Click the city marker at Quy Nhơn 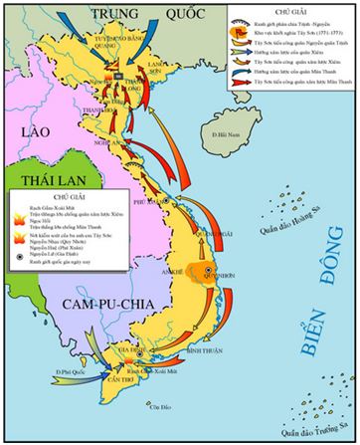(x=207, y=271)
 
